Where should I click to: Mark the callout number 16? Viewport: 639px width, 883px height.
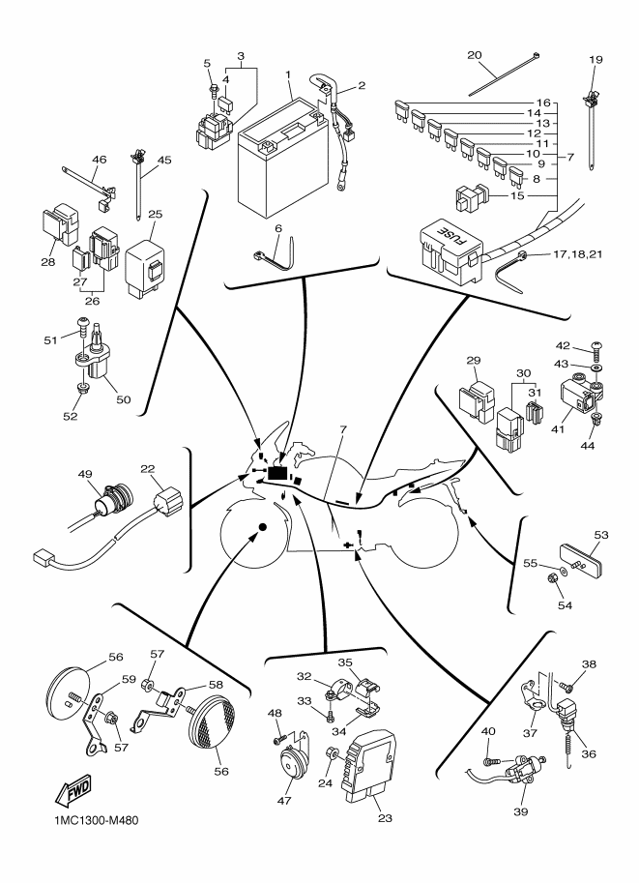click(x=544, y=102)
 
